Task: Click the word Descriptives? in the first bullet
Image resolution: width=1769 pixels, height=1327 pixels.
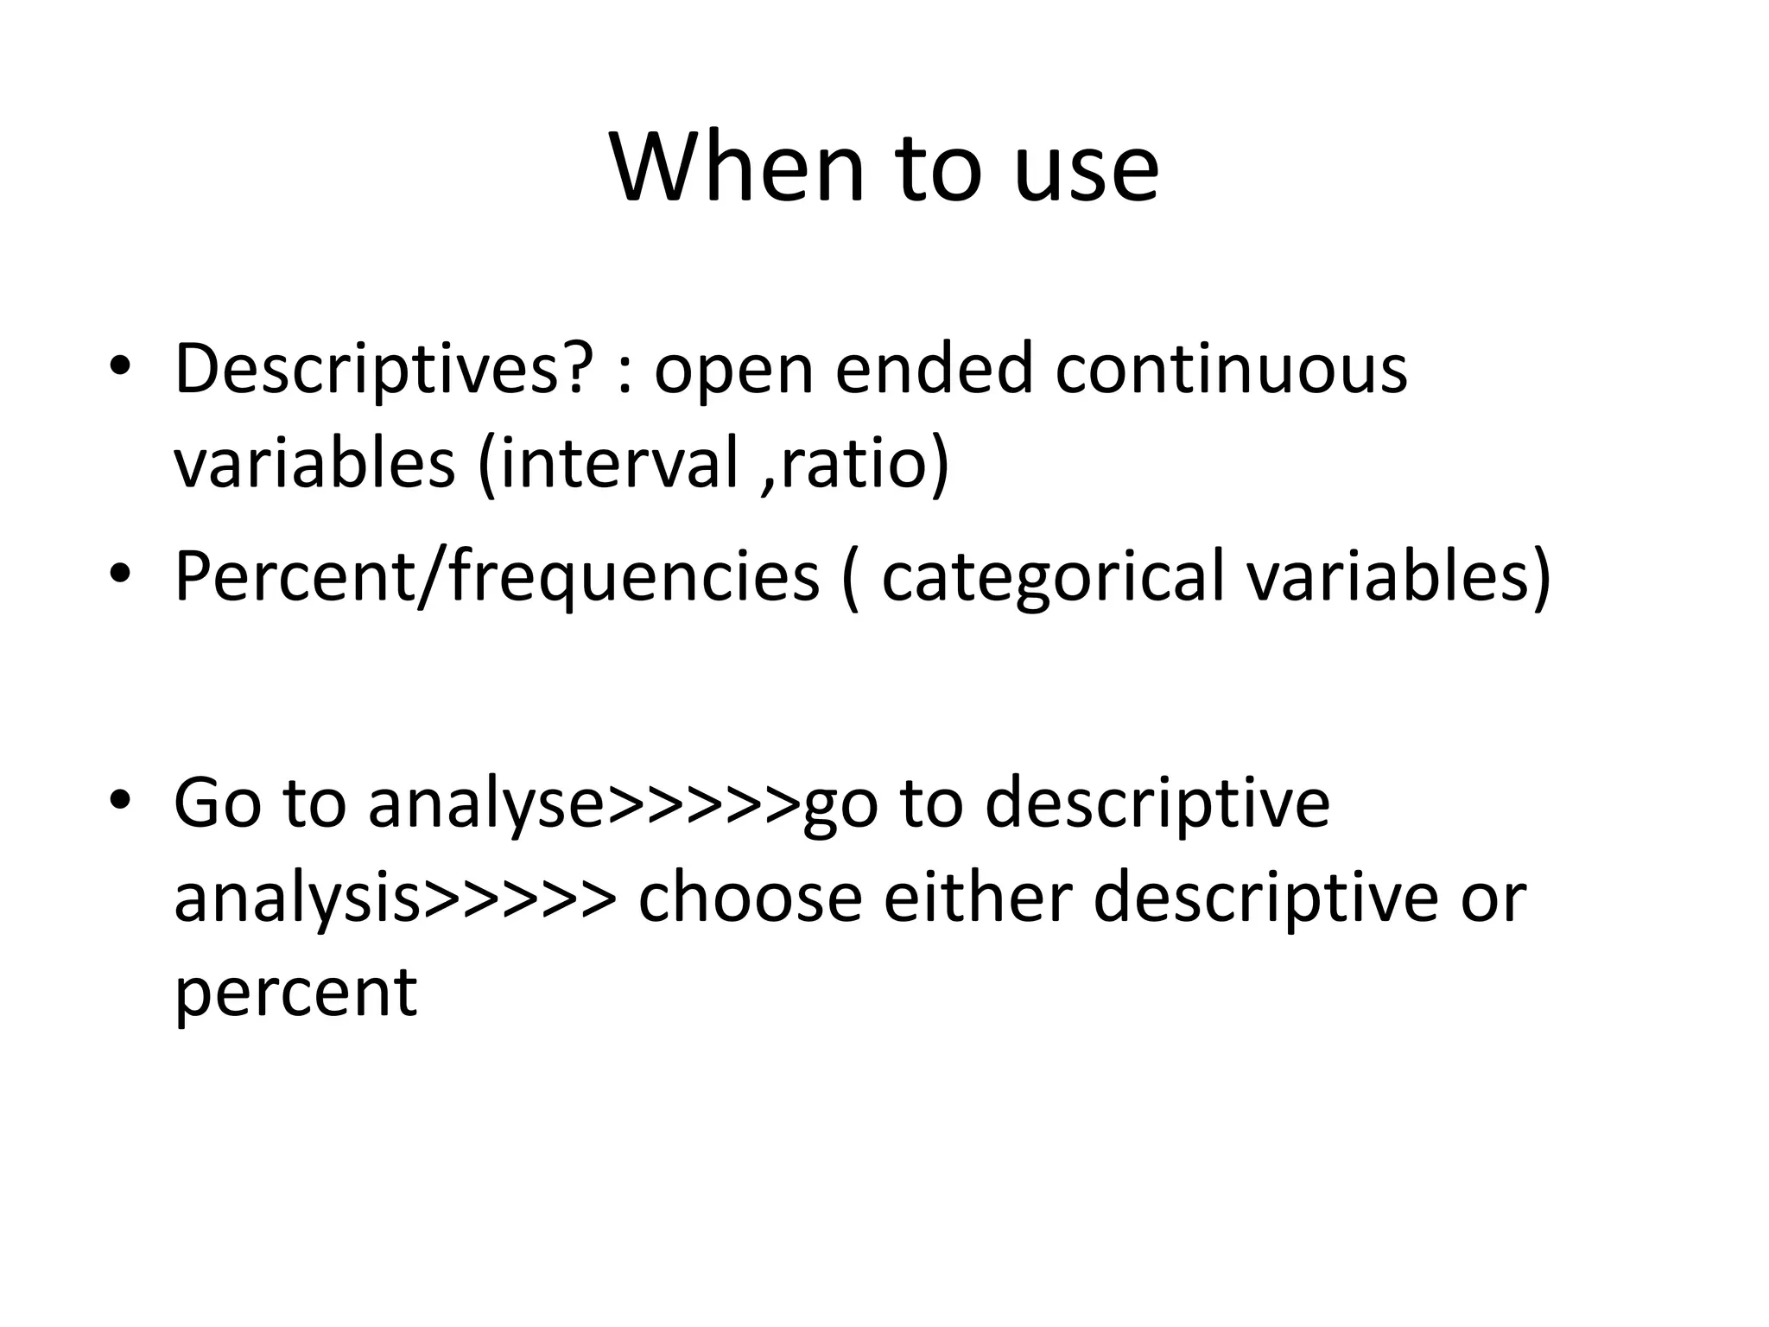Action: click(x=384, y=370)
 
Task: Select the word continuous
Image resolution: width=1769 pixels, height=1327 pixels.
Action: click(x=1231, y=370)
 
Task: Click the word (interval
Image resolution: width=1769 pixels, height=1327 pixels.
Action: click(x=609, y=464)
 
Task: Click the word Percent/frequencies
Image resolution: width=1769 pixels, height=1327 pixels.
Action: click(x=497, y=577)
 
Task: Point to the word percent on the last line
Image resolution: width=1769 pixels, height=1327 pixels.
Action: click(x=295, y=993)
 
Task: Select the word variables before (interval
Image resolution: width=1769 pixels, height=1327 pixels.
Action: click(x=314, y=464)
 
